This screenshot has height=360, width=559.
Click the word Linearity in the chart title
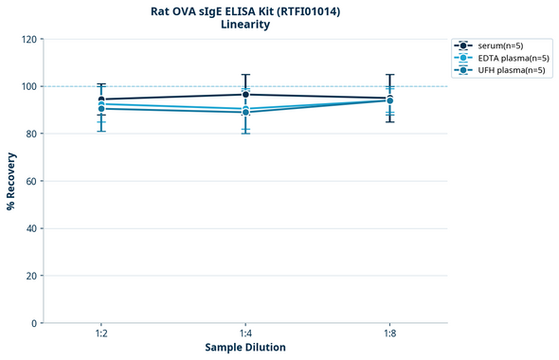244,25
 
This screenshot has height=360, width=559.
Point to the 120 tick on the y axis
28,40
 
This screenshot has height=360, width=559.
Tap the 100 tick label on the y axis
28,87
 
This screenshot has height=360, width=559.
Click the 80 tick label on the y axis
31,135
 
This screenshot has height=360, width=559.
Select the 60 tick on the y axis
31,182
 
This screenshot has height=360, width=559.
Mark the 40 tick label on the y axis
31,229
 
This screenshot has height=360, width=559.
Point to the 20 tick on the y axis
31,277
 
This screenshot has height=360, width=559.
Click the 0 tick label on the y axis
34,324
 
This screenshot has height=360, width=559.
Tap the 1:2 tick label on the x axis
101,334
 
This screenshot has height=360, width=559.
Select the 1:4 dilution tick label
245,334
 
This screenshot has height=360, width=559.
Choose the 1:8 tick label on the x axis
389,334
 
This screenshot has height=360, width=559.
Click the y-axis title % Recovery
11,181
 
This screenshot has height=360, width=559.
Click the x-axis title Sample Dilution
245,348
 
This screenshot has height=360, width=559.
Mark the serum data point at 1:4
245,95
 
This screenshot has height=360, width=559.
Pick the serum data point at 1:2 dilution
101,99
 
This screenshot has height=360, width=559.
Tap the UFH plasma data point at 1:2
101,109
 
